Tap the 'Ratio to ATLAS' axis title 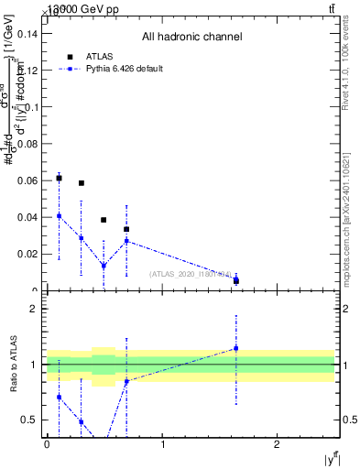tap(14, 365)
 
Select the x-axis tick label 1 tap(162, 444)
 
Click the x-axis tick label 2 tap(278, 444)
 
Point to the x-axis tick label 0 tap(47, 444)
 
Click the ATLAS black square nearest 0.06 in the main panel tap(59, 179)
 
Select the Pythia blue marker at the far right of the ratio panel tap(236, 348)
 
